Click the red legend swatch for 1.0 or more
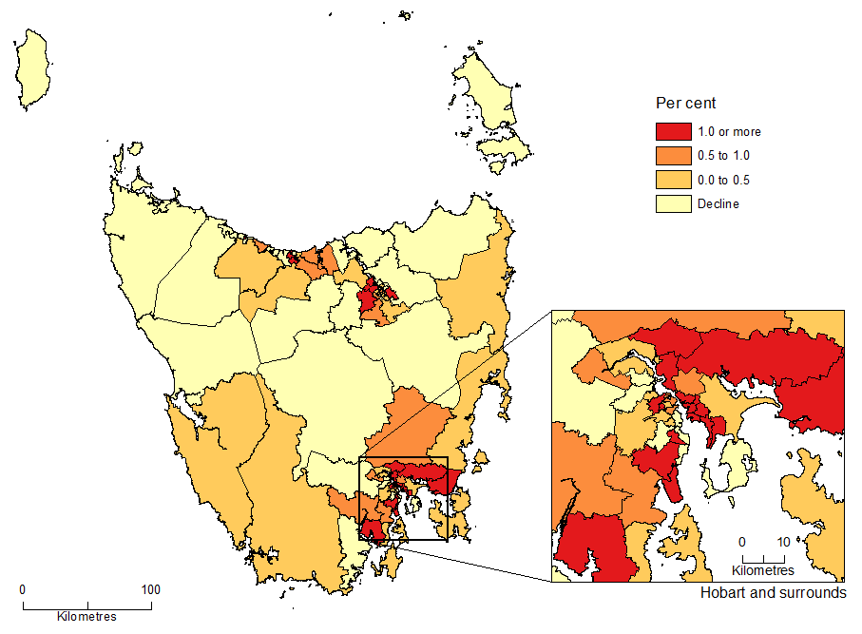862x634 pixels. (673, 132)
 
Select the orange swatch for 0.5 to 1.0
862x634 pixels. (673, 156)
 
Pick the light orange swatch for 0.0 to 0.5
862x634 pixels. (673, 180)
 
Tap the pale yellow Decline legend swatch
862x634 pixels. (673, 203)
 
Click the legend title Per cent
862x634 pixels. (685, 103)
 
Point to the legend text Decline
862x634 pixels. (718, 203)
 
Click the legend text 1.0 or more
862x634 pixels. (729, 132)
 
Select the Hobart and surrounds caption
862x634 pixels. (773, 593)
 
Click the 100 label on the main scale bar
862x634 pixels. (150, 589)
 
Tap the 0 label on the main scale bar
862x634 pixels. (23, 589)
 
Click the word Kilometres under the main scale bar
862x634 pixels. (86, 617)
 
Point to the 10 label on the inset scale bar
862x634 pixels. (782, 542)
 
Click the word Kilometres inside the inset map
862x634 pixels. (762, 570)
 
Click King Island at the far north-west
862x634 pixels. (32, 68)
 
